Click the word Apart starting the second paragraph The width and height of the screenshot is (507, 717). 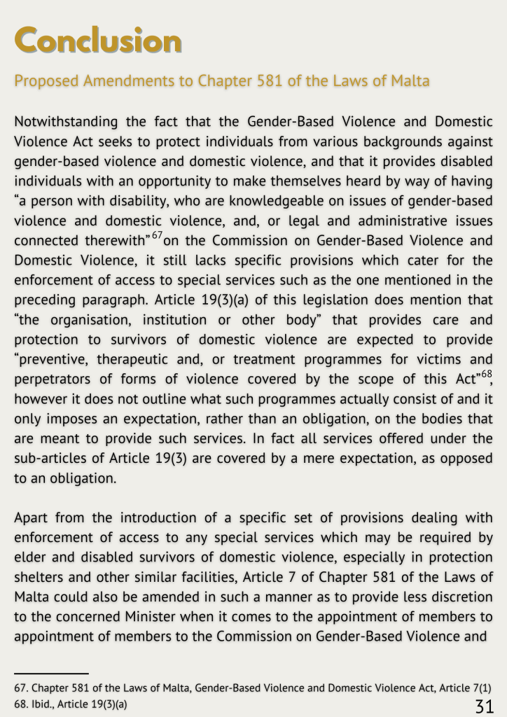[32, 518]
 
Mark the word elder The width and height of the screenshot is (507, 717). [30, 558]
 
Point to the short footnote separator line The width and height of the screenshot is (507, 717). [51, 673]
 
